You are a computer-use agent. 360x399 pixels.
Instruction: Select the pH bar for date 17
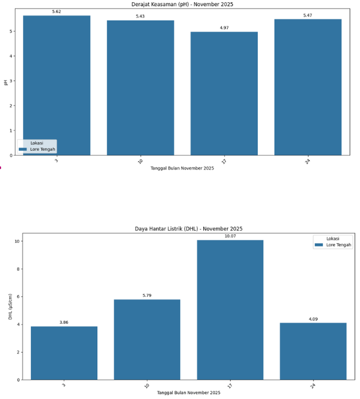pyautogui.click(x=224, y=94)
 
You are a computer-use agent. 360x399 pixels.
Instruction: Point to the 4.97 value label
pyautogui.click(x=224, y=27)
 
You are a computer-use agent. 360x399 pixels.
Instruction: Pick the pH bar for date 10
pyautogui.click(x=140, y=88)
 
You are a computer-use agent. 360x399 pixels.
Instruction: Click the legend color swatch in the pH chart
pyautogui.click(x=23, y=149)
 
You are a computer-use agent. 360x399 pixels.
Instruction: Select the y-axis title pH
pyautogui.click(x=6, y=82)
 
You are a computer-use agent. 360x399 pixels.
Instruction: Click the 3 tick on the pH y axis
pyautogui.click(x=12, y=81)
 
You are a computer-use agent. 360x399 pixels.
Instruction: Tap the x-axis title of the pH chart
pyautogui.click(x=182, y=168)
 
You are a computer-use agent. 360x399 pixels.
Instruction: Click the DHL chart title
pyautogui.click(x=189, y=228)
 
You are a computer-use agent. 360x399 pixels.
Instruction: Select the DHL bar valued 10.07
pyautogui.click(x=230, y=309)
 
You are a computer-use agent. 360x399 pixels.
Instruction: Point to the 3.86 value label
pyautogui.click(x=64, y=322)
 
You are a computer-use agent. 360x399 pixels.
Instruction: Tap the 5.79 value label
pyautogui.click(x=147, y=295)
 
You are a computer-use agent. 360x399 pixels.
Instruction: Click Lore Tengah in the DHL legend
pyautogui.click(x=338, y=244)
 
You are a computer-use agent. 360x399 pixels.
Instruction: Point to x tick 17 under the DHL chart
pyautogui.click(x=229, y=385)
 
